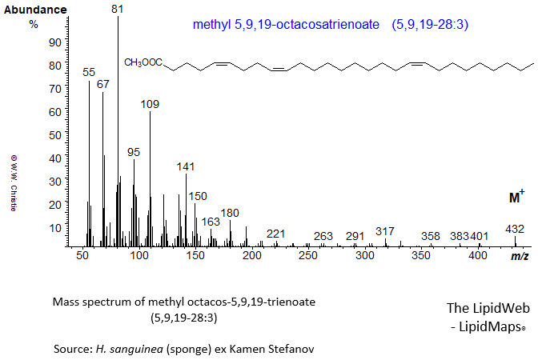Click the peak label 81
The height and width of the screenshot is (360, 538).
pos(118,10)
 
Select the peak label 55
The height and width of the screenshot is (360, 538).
pos(89,73)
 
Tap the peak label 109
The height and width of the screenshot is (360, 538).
pos(150,104)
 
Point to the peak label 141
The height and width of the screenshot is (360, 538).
pos(185,166)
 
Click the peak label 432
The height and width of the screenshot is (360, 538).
pos(515,229)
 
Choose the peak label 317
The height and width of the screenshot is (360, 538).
pos(385,231)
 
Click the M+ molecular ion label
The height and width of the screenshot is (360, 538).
pos(516,197)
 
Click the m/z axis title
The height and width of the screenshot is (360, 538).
pos(519,256)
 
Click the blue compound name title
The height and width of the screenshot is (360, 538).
pos(330,25)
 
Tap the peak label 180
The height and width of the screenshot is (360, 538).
pos(230,213)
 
